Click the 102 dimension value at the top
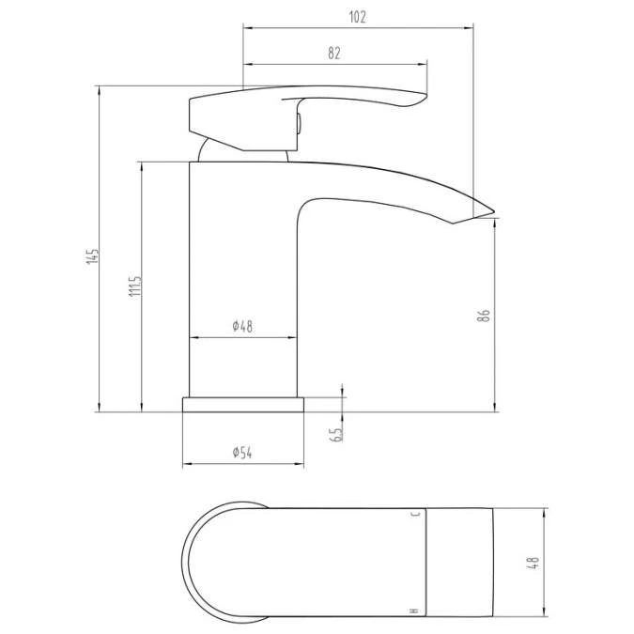coord(357,16)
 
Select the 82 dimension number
coord(334,54)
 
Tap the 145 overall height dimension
coord(91,255)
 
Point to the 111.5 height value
coord(133,287)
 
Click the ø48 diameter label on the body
coord(243,327)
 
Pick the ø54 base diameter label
coord(243,454)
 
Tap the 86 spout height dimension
coord(485,315)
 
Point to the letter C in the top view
coord(414,516)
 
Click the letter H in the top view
coord(414,612)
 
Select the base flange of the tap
coord(243,404)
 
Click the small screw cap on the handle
coord(298,122)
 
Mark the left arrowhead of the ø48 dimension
coord(194,337)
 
